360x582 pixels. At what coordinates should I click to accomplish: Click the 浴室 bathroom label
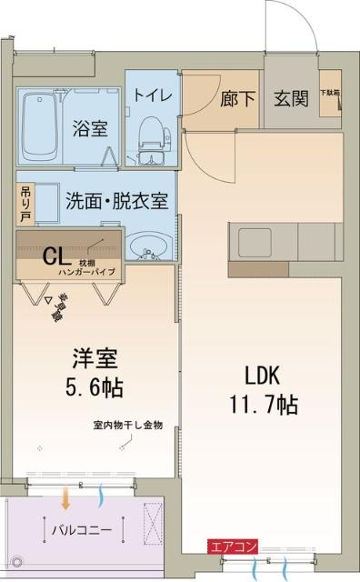[90, 128]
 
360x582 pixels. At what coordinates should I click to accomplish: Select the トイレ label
[149, 95]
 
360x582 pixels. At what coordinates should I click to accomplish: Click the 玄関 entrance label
[291, 100]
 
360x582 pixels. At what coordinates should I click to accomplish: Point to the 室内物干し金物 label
[127, 425]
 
